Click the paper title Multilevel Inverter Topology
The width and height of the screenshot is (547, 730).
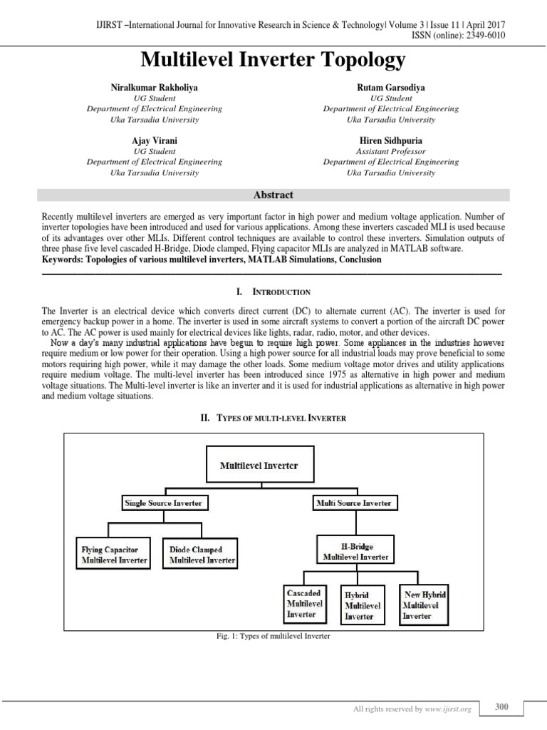(273, 60)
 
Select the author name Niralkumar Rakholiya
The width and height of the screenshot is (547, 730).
(154, 87)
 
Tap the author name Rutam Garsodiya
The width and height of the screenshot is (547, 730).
(391, 87)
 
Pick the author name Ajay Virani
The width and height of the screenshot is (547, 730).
(154, 141)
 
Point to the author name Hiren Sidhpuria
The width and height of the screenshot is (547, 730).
(391, 141)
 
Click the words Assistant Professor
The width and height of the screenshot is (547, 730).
(391, 152)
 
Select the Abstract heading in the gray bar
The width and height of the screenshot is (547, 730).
(273, 195)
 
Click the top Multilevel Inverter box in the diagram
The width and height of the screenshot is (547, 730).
(259, 466)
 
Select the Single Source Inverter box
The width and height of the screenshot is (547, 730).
(163, 503)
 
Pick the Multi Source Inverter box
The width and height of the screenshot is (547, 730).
(353, 503)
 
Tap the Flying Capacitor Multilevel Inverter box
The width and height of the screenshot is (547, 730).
(114, 555)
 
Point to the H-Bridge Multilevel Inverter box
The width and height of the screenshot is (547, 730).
(355, 550)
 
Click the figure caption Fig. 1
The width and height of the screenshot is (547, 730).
(273, 636)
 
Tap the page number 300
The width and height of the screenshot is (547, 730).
(501, 707)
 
